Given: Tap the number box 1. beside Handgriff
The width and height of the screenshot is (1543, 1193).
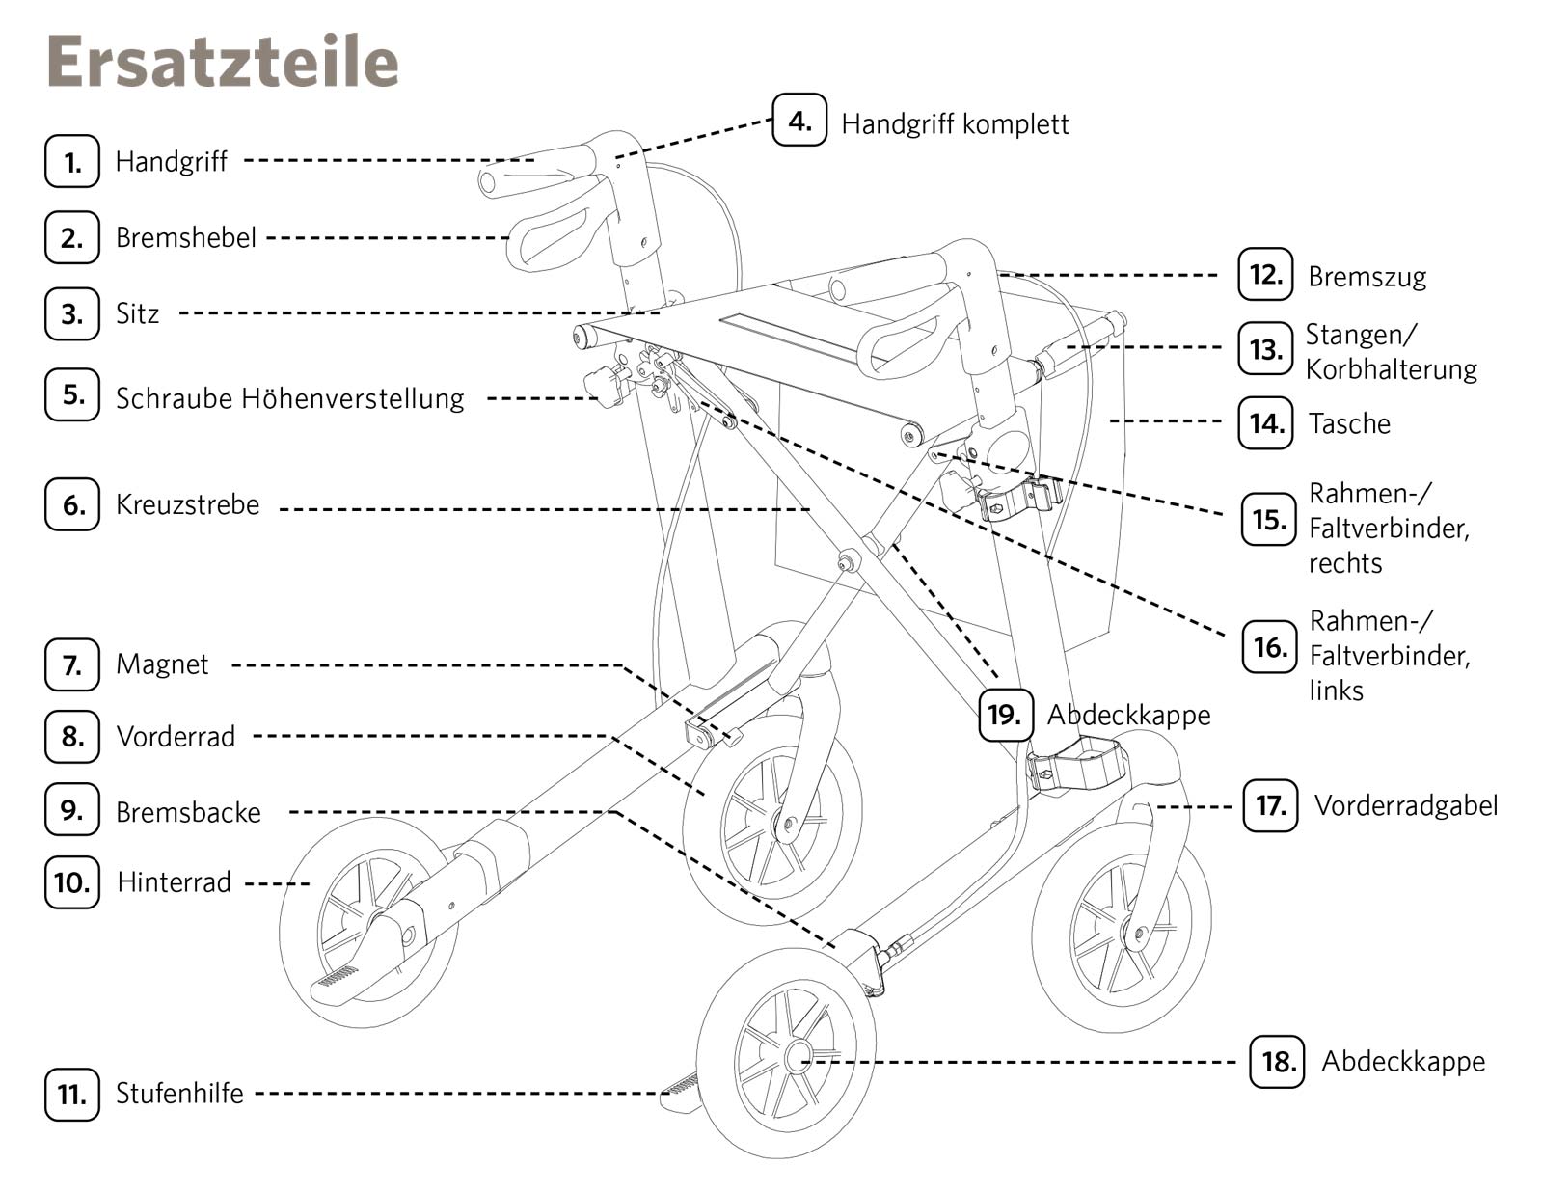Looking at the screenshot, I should point(72,161).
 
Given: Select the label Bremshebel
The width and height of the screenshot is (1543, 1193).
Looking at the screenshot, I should point(186,237).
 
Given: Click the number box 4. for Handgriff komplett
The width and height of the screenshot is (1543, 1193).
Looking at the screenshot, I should point(799,121).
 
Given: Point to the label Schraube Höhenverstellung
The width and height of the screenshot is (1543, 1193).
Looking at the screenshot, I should point(289,397).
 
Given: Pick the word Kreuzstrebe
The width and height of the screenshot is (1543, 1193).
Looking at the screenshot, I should point(188,504).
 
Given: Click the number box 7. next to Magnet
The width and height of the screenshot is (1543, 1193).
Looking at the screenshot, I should point(72,664).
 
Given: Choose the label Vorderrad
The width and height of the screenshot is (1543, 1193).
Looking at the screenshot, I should point(176,736).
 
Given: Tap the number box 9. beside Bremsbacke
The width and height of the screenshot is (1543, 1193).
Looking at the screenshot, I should point(72,809).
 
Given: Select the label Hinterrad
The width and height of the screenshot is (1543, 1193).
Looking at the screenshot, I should point(175,881).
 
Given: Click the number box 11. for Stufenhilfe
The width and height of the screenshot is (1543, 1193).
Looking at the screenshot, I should point(72,1094).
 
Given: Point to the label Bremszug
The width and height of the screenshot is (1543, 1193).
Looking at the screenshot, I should point(1367,277).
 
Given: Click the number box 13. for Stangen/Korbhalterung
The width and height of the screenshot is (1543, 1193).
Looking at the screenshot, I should point(1265,349).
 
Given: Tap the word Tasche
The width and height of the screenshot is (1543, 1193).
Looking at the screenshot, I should point(1349,423).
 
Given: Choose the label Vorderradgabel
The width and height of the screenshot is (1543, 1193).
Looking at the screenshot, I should point(1405,805).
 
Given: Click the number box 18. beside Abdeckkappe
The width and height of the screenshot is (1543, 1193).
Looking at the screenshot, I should point(1277,1061).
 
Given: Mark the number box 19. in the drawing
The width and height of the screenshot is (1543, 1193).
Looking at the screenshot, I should point(1006,715).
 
